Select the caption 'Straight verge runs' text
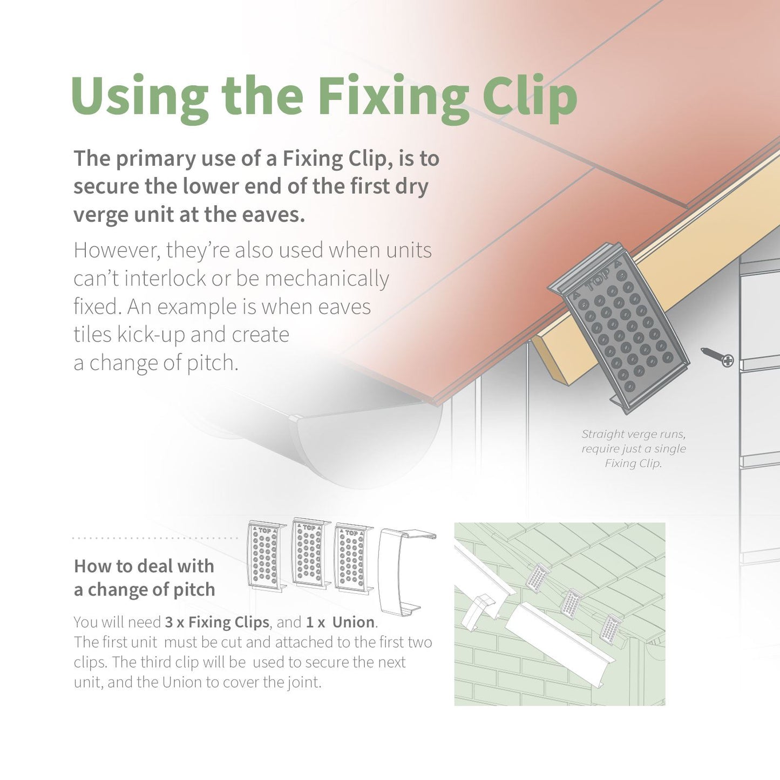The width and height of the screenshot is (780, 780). point(633,434)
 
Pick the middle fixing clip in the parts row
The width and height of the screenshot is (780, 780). point(309,553)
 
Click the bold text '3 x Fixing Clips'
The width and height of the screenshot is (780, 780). point(216,622)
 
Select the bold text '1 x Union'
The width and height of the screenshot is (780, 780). point(340,622)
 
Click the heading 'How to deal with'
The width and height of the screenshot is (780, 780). point(144,566)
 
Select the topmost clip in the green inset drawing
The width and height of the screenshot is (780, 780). point(538,576)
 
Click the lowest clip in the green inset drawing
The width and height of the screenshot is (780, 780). point(611,628)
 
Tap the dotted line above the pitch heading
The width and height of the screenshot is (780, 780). point(155,538)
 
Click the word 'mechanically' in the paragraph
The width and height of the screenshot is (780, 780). point(327,279)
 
